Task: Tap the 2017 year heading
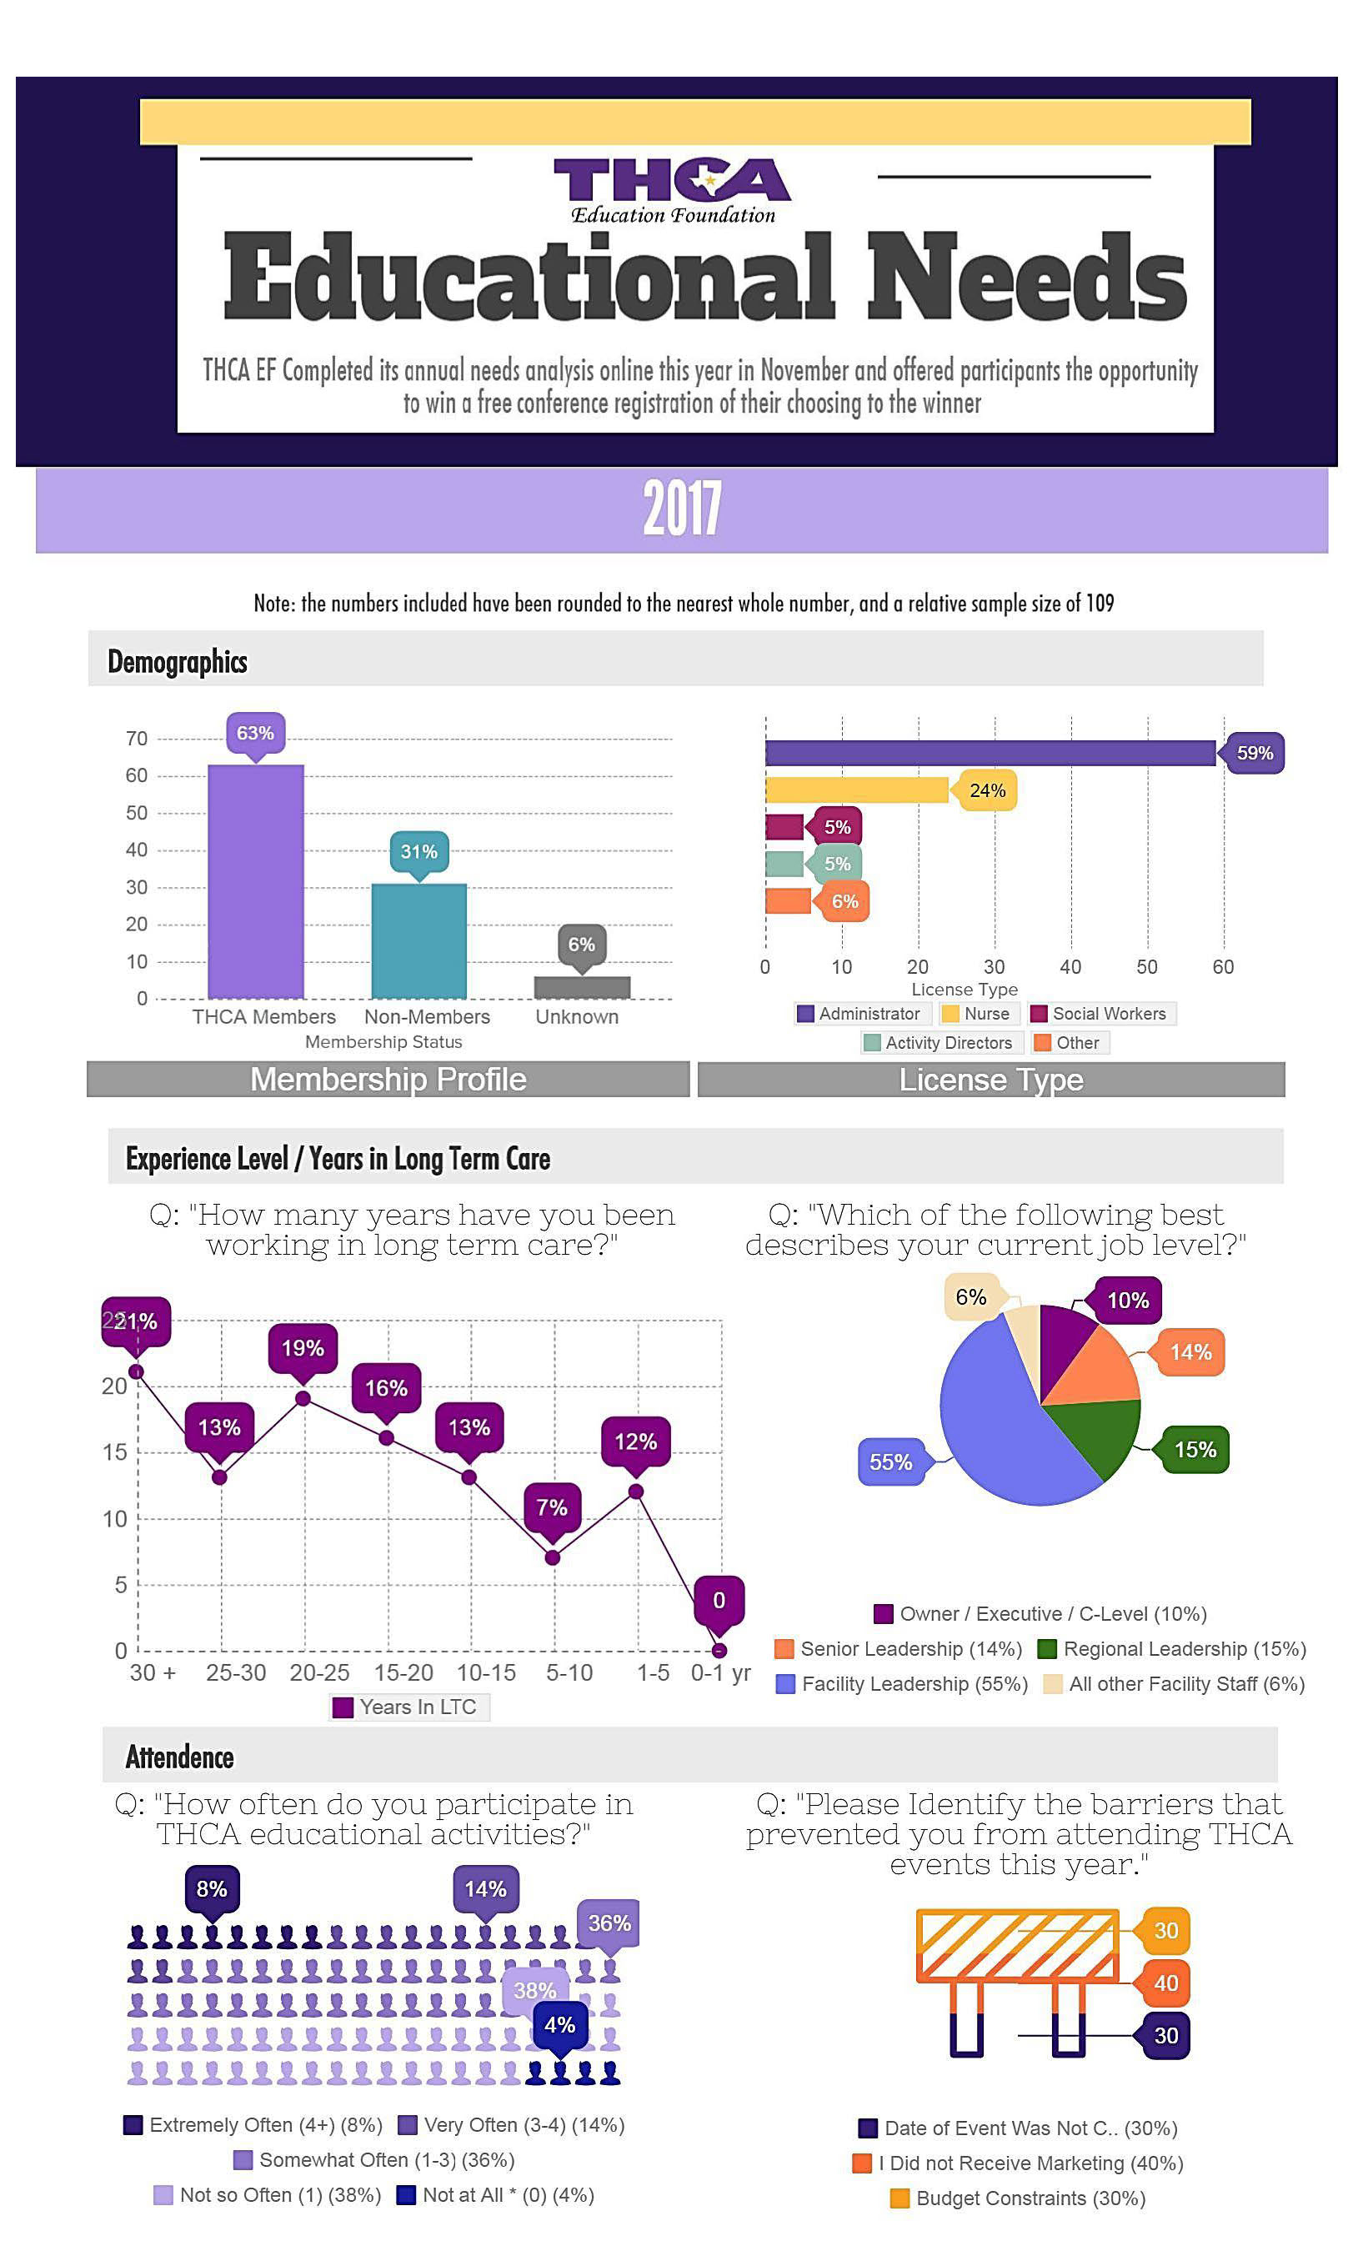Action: coord(681,509)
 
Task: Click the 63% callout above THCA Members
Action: coord(254,733)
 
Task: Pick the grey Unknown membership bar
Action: coord(581,987)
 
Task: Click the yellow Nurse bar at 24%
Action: coord(856,790)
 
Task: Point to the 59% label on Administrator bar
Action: coord(1254,753)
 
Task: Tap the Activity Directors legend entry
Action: coord(939,1043)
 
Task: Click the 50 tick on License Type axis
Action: coord(1146,967)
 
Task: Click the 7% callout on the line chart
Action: coord(551,1507)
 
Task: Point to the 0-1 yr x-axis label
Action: coord(719,1672)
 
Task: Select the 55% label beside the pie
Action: coord(890,1462)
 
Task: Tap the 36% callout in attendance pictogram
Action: coord(609,1923)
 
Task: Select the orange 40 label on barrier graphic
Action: coord(1165,1983)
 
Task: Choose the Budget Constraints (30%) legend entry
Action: coord(1018,2198)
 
